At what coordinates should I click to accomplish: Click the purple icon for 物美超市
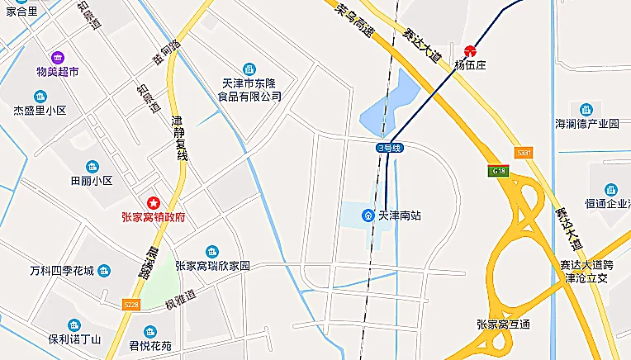coord(57,57)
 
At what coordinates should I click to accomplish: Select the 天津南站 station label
coord(399,216)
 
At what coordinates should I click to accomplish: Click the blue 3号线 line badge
coord(388,148)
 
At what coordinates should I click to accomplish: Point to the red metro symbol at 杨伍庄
coord(470,50)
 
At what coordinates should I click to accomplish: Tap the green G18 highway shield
coord(499,171)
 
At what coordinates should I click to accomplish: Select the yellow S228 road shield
coord(130,305)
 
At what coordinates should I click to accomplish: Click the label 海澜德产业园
coord(586,124)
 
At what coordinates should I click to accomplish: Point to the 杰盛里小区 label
coord(39,111)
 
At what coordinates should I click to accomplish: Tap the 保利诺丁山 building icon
coord(74,324)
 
